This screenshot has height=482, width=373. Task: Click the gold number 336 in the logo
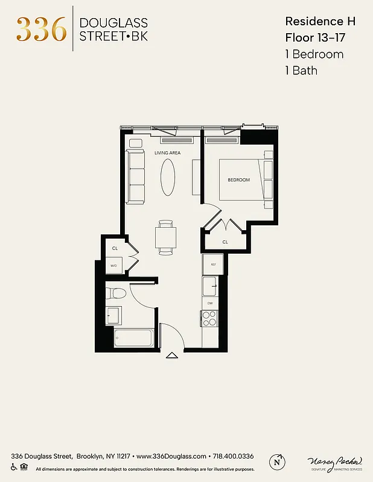click(x=41, y=29)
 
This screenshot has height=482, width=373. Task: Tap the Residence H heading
click(x=320, y=21)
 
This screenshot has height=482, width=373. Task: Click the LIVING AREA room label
click(x=167, y=153)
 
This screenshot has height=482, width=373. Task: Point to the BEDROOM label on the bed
click(x=238, y=180)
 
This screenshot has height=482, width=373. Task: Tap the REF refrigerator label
click(x=213, y=264)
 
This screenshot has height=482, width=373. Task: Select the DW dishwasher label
click(x=210, y=303)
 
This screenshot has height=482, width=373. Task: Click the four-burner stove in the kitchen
click(x=209, y=319)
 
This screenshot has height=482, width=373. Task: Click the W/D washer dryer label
click(x=113, y=265)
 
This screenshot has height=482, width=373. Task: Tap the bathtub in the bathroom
click(x=134, y=338)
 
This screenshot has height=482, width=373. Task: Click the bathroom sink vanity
click(x=113, y=315)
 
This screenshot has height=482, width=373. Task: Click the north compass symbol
click(x=278, y=461)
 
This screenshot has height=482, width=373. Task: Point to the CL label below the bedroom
click(x=225, y=242)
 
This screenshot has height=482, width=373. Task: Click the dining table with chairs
click(x=166, y=237)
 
